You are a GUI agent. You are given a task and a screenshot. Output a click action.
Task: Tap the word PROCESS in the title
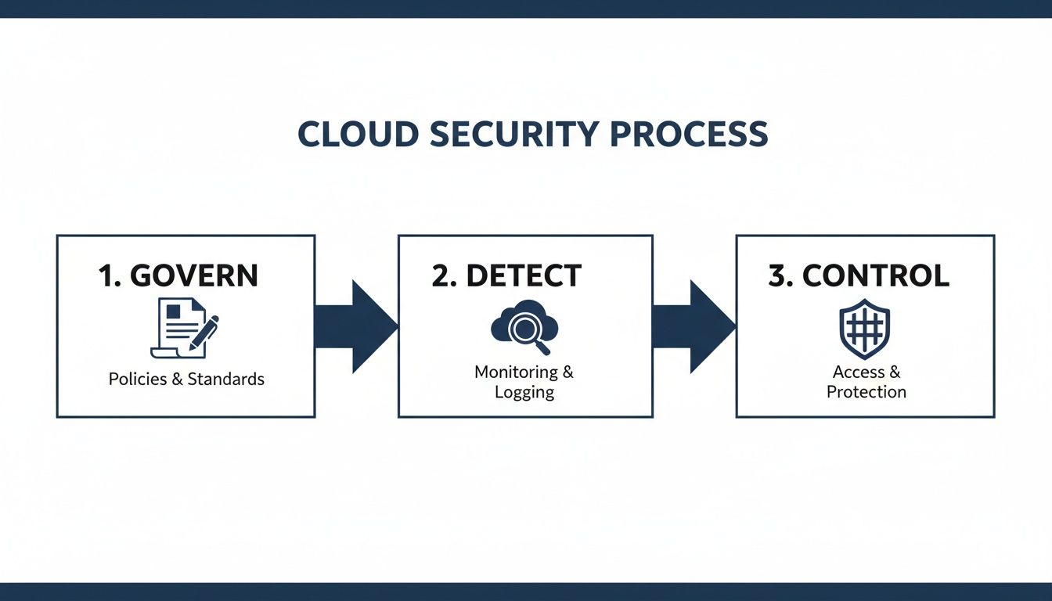[x=689, y=135]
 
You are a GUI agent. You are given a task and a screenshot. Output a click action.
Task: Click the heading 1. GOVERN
[x=178, y=275]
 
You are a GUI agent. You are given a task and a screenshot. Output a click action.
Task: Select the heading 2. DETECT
[x=506, y=275]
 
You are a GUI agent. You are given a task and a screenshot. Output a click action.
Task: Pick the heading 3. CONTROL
[x=859, y=275]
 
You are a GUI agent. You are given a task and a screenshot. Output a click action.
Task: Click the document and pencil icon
[x=183, y=327]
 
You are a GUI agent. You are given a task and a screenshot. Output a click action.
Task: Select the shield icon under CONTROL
[x=864, y=328]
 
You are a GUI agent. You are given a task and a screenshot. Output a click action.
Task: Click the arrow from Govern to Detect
[x=356, y=326]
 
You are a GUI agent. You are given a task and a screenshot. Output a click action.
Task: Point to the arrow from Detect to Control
[x=694, y=326]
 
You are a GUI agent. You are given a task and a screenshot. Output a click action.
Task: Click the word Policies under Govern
[x=138, y=380]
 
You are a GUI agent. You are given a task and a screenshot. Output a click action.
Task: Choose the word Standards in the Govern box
[x=226, y=380]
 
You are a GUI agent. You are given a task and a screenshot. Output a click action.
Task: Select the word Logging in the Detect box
[x=524, y=392]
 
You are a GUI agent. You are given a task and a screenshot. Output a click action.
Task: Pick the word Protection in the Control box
[x=866, y=392]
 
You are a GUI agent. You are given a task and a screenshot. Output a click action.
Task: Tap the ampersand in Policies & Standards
[x=178, y=380]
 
